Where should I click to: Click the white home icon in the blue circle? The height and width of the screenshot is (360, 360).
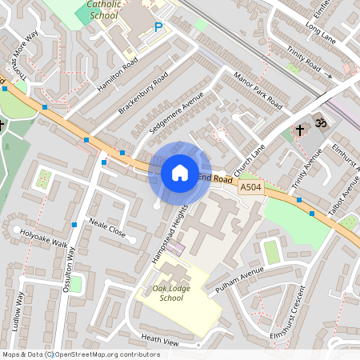pos(179,172)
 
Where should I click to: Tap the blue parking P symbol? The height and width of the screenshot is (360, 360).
pos(158,28)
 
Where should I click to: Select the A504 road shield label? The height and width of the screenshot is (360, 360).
pos(250,186)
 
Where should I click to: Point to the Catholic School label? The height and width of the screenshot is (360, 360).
pos(103,10)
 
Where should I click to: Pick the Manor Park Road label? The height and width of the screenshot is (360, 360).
pos(258,91)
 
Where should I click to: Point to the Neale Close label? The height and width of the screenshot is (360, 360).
pos(107,227)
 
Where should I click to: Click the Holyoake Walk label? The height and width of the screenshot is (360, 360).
pos(45,238)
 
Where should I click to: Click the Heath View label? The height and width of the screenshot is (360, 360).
pos(159,340)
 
